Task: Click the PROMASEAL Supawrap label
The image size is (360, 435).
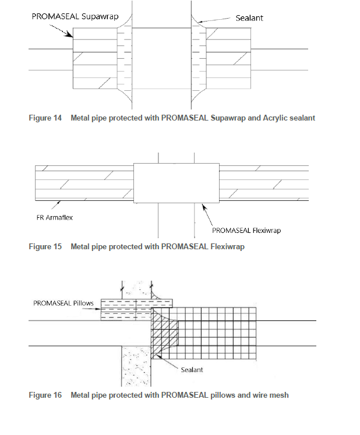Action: point(75,17)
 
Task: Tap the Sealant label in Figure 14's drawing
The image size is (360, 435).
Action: point(249,18)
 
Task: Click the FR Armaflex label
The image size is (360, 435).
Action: point(54,218)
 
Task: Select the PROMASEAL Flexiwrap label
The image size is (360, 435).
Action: point(246,231)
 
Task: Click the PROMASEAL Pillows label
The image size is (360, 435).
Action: point(63,303)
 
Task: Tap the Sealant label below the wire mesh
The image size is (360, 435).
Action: point(192,370)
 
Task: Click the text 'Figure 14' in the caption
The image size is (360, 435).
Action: point(45,118)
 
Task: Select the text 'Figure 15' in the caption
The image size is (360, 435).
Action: point(45,247)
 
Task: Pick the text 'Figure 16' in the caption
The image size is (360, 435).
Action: point(45,395)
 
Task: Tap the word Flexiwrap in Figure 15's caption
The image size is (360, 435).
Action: point(228,247)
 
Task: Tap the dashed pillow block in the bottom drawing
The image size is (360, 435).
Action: point(136,310)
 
